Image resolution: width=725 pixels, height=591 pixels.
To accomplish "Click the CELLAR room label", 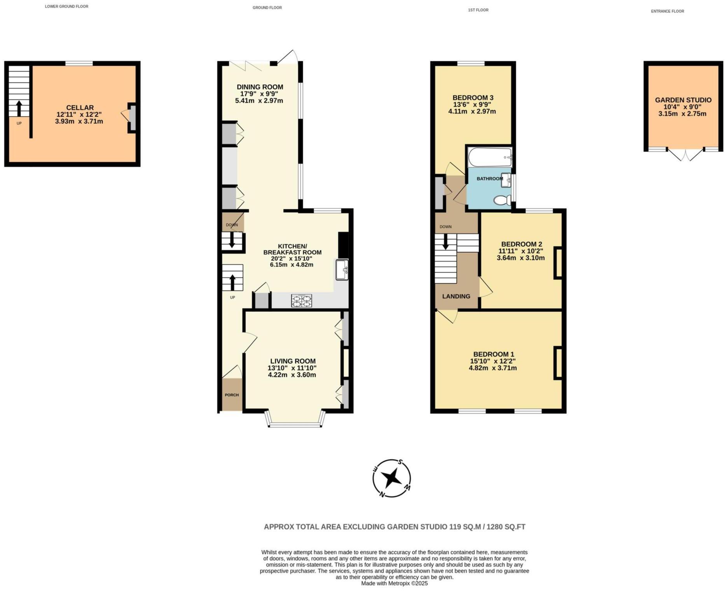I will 80,108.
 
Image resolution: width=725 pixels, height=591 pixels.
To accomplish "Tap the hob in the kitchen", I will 302,300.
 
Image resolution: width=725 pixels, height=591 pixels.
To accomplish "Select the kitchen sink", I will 342,269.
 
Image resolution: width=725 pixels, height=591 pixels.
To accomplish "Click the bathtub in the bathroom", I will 490,157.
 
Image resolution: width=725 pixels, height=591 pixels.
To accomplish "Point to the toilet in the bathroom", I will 502,201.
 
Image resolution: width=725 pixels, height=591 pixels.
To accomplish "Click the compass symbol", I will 391,478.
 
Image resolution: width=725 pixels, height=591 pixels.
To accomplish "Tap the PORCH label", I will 232,395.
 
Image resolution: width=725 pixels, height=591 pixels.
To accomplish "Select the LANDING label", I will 456,296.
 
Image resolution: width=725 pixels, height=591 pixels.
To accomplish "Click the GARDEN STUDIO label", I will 683,100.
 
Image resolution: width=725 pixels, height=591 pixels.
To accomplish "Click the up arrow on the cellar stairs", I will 19,108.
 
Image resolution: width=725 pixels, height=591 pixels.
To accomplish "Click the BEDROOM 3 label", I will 473,98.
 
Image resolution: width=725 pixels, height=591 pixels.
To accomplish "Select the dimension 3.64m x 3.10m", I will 521,258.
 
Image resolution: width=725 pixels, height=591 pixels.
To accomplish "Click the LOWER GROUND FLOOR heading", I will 66,7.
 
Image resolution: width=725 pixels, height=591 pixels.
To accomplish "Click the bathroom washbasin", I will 506,180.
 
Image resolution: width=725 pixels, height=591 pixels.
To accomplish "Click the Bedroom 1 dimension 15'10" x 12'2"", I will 493,361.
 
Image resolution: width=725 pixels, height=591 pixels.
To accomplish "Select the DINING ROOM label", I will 260,87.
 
